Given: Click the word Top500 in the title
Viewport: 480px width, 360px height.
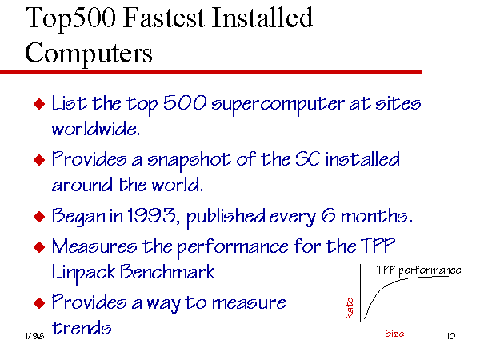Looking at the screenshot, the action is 71,19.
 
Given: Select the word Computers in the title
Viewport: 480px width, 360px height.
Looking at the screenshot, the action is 89,54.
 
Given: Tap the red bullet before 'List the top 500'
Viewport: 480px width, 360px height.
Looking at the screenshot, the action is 39,104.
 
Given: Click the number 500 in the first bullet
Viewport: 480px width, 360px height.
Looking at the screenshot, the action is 185,102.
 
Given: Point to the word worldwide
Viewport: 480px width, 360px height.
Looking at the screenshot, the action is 96,129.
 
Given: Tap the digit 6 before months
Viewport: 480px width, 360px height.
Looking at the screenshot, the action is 329,215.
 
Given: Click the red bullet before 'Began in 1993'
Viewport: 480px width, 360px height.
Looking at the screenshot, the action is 39,217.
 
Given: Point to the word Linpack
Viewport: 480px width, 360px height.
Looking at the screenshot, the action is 83,273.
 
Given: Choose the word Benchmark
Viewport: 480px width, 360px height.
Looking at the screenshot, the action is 167,272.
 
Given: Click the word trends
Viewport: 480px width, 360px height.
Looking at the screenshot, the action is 82,328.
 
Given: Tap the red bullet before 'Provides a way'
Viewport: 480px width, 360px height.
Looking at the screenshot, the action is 39,303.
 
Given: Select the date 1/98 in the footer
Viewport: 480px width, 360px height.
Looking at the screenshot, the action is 34,336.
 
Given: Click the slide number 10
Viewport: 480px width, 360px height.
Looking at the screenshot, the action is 451,336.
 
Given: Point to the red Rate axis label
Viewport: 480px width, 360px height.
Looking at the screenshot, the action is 350,308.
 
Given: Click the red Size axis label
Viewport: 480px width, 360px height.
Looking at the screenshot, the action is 394,334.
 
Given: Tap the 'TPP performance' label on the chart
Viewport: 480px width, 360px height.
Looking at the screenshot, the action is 418,270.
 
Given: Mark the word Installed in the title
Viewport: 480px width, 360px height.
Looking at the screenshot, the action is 262,18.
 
